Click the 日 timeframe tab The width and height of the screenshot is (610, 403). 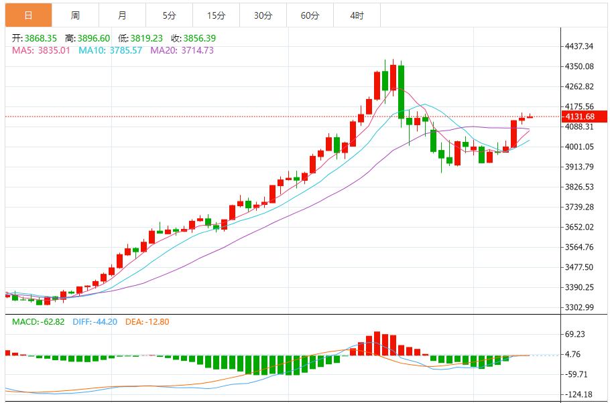click(27, 15)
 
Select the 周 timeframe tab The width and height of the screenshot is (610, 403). click(75, 15)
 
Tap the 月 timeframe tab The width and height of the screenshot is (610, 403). click(121, 15)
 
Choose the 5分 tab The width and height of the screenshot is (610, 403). click(169, 15)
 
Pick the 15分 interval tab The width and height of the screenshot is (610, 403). click(216, 15)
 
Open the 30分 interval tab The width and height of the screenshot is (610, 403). click(263, 15)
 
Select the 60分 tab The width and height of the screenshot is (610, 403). click(310, 15)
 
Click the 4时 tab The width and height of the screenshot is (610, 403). click(357, 15)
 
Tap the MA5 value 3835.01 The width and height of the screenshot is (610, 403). click(54, 50)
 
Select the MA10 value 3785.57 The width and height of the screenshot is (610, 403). click(124, 50)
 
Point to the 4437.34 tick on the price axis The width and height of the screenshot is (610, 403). click(580, 46)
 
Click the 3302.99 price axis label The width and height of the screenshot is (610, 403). click(580, 307)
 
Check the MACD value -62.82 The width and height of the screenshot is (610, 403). click(50, 322)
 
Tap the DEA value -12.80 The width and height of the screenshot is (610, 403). click(156, 322)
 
